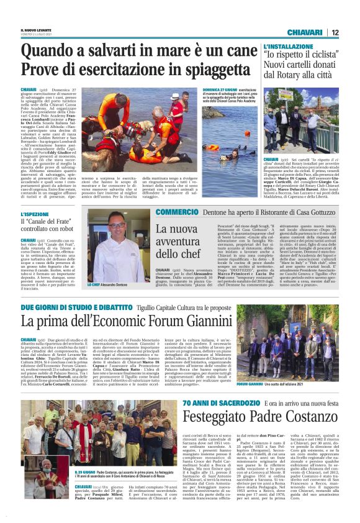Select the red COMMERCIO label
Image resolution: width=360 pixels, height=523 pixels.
(172, 212)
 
